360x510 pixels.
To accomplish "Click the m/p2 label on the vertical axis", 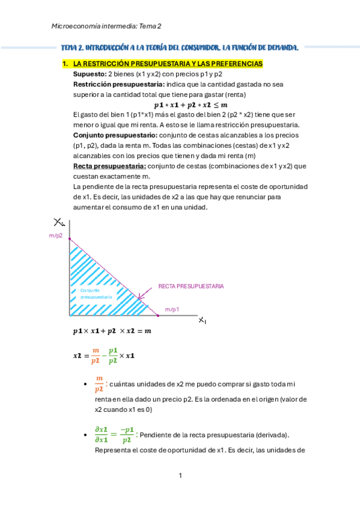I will click(x=55, y=236).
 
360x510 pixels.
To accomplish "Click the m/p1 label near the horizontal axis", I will click(x=172, y=309).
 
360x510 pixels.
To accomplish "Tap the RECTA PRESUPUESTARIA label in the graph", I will click(x=191, y=286).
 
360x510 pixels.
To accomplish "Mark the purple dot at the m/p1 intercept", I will click(x=157, y=315).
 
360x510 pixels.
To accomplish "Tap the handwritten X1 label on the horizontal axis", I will click(x=203, y=320).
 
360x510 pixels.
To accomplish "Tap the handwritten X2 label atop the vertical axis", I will click(x=59, y=221).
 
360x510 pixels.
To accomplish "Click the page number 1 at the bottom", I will click(x=180, y=476).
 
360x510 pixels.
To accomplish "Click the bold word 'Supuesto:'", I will click(x=89, y=74).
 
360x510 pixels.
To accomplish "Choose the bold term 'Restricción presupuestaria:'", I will click(x=108, y=84).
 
